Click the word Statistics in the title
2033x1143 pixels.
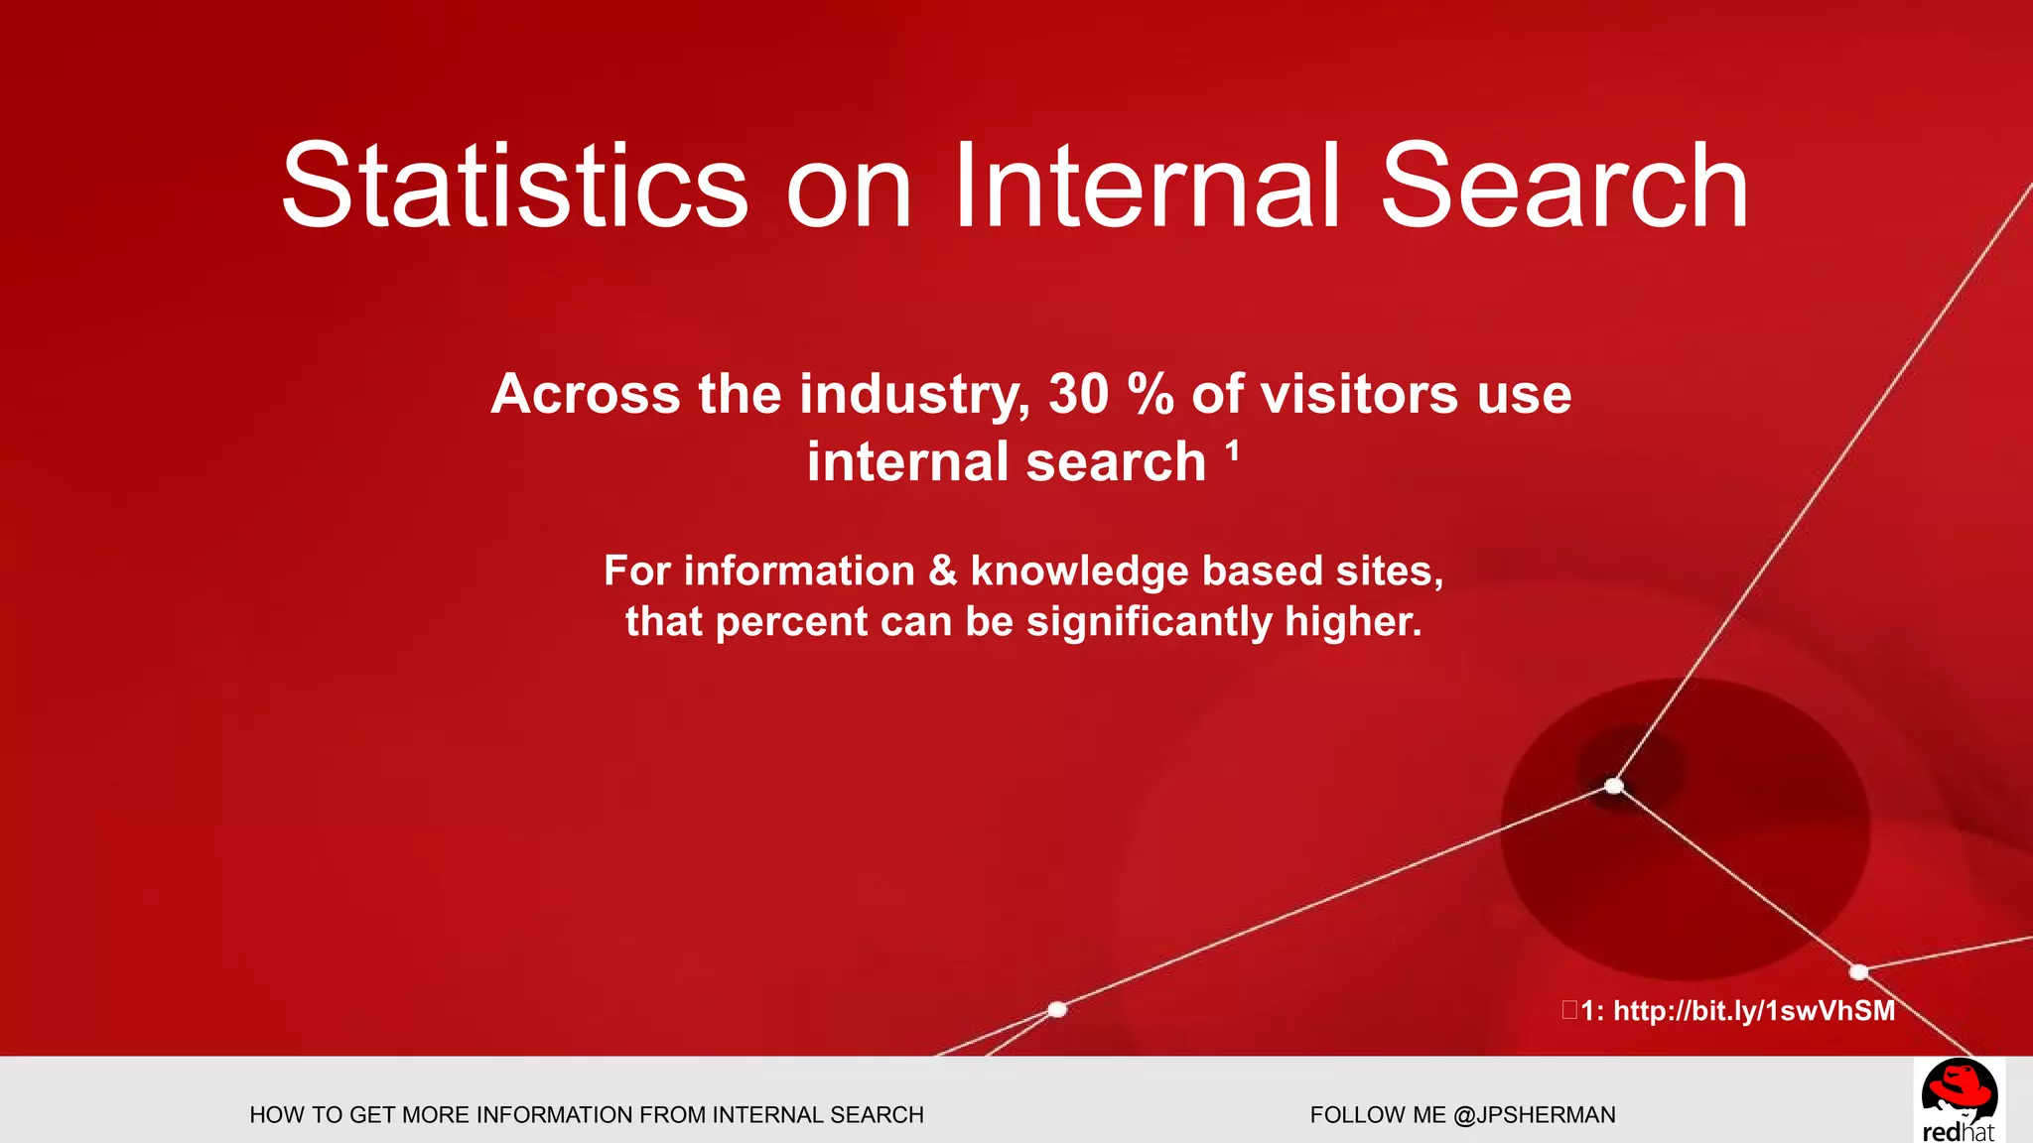(514, 187)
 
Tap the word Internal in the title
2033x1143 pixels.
(1147, 187)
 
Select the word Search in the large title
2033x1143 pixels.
(1564, 187)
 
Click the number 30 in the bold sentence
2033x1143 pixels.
(1078, 394)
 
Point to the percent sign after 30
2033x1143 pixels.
(1151, 394)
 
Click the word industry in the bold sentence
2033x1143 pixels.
(912, 394)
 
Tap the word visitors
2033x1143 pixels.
(1359, 394)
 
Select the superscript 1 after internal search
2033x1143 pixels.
(1232, 452)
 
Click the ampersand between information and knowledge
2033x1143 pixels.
(941, 571)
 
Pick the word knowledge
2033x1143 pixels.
(1079, 571)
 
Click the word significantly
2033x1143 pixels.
(1149, 622)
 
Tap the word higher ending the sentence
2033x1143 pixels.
(1351, 622)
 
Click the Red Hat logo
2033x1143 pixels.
(1958, 1099)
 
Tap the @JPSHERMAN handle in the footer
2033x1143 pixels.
(1534, 1115)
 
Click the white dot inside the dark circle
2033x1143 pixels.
(1614, 786)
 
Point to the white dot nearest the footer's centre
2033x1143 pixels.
(1057, 1009)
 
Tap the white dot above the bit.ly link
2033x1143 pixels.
(1858, 971)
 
